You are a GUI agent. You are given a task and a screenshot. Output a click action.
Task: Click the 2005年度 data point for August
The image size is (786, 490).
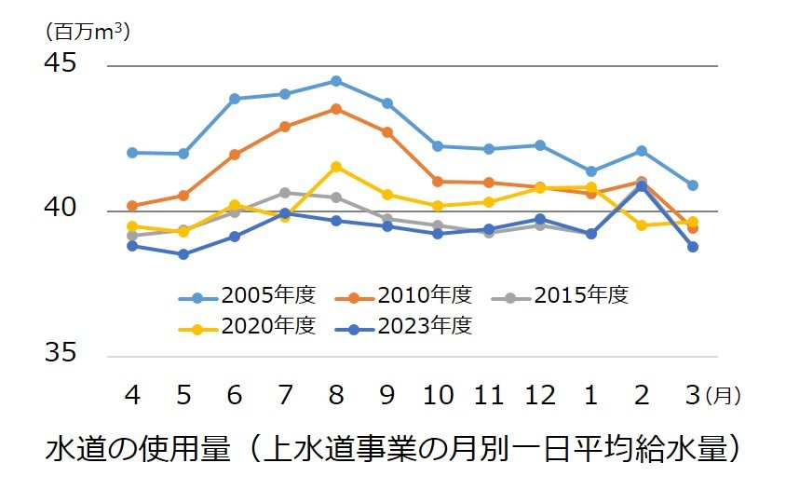click(336, 81)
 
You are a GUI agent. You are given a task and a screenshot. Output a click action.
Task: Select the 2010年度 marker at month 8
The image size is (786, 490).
click(336, 109)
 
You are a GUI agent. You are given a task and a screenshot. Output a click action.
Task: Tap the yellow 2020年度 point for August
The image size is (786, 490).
click(336, 167)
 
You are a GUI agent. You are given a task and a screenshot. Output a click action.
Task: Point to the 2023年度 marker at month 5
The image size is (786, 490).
click(183, 254)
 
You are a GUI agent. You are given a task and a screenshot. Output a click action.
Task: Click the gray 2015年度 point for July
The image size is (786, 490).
click(285, 193)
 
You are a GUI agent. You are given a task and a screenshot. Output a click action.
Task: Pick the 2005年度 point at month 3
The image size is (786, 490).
click(692, 185)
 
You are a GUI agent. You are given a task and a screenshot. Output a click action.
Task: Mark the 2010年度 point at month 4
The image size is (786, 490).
click(132, 206)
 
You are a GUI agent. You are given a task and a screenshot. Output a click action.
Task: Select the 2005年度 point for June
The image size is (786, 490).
click(235, 99)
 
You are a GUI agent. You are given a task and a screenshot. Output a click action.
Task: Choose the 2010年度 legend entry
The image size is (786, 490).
click(404, 296)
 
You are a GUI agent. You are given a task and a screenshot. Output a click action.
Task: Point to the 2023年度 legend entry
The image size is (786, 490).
click(404, 326)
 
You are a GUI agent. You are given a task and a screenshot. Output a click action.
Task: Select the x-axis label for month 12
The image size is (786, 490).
click(539, 396)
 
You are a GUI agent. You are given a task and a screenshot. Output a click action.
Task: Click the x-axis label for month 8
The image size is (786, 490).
click(336, 396)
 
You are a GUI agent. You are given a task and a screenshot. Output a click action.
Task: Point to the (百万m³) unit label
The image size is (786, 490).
click(87, 31)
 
